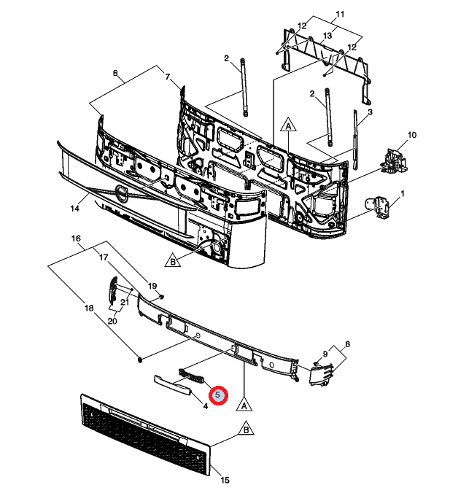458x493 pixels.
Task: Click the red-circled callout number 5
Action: [x=218, y=395]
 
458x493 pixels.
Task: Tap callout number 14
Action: [x=74, y=209]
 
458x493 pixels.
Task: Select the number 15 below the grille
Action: [x=225, y=480]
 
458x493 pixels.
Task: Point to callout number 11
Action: [x=340, y=14]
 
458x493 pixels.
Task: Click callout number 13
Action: [x=327, y=36]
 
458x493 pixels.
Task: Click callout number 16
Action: [x=76, y=238]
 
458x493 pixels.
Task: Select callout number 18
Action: [x=89, y=308]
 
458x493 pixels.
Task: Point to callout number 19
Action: [x=152, y=286]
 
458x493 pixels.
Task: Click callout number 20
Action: [x=112, y=321]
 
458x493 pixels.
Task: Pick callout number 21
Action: [x=125, y=302]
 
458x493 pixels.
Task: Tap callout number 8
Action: [x=347, y=344]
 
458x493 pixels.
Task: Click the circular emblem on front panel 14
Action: [x=121, y=193]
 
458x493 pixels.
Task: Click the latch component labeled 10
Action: [x=394, y=160]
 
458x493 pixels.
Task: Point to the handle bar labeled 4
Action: [x=173, y=385]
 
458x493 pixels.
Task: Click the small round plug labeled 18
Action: [x=140, y=360]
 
